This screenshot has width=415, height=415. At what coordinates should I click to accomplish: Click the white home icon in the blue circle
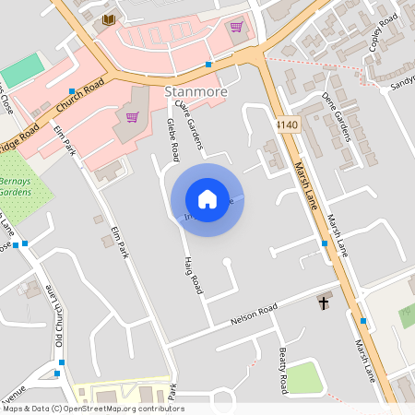point(207,199)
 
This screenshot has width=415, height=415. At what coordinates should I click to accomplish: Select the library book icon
point(109,19)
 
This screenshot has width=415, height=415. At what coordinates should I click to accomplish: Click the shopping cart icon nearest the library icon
point(237,26)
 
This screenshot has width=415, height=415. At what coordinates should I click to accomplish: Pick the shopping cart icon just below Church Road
point(132,117)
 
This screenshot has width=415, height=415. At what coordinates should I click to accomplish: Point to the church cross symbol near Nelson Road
point(324,302)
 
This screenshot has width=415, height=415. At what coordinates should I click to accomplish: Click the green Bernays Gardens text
point(15,186)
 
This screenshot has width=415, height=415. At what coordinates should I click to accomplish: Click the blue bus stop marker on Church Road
point(208,65)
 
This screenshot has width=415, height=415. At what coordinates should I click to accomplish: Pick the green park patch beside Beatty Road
point(305,377)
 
